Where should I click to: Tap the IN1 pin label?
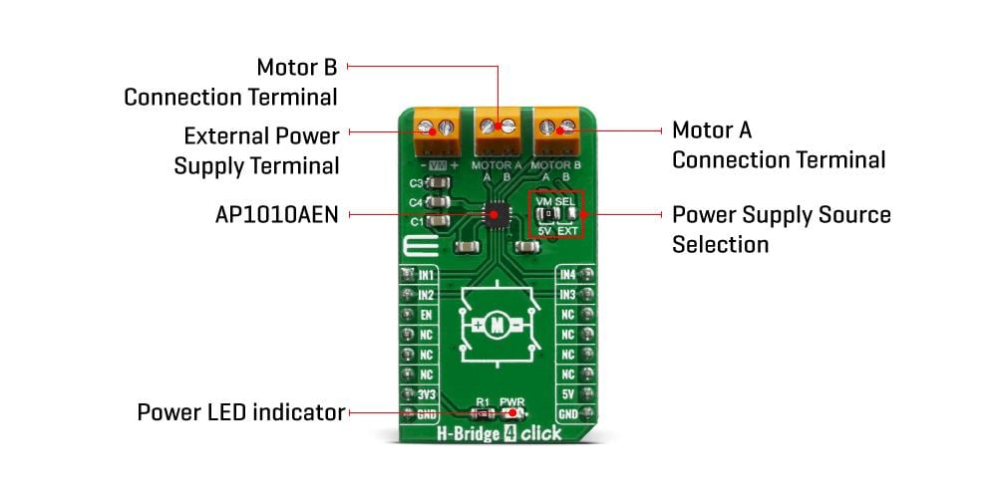click(426, 274)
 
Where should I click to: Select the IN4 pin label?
click(567, 274)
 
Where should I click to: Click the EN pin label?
click(426, 315)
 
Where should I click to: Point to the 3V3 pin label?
click(426, 394)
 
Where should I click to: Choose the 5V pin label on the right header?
click(567, 394)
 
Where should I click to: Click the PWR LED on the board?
click(513, 414)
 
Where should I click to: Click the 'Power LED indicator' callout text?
click(240, 412)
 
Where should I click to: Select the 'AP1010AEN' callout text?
click(275, 213)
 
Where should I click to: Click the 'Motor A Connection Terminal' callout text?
click(778, 144)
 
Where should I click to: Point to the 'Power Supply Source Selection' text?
click(781, 229)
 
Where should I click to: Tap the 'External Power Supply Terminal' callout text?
click(257, 150)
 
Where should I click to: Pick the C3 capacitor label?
click(417, 184)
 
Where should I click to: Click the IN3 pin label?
click(567, 295)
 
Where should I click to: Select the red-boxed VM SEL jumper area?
click(556, 213)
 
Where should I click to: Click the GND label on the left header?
click(426, 414)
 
